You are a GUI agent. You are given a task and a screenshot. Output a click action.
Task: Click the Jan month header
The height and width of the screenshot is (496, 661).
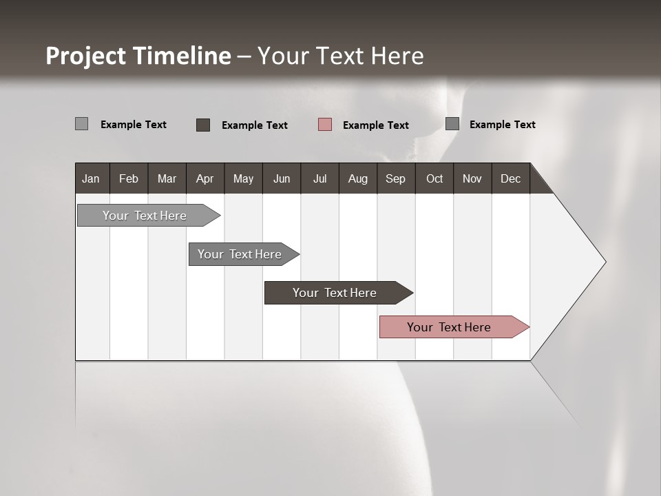91,178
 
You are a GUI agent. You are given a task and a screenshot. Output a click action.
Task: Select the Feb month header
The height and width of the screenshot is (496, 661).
129,178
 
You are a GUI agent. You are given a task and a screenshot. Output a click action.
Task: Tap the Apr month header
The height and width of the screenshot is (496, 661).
204,178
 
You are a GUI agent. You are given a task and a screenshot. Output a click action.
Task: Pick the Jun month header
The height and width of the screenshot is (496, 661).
281,178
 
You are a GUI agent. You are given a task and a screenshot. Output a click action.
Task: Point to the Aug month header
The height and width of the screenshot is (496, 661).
357,178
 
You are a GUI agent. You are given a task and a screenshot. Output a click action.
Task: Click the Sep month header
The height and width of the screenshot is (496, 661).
395,178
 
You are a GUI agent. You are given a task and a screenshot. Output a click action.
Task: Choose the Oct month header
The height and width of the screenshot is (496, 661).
434,178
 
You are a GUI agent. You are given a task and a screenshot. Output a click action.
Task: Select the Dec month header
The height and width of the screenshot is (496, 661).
510,178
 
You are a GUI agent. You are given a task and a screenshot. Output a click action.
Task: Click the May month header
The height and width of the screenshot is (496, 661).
243,178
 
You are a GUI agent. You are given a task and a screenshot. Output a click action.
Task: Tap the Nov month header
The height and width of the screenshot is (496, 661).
472,178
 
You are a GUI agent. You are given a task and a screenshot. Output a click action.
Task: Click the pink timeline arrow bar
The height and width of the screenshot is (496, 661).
451,327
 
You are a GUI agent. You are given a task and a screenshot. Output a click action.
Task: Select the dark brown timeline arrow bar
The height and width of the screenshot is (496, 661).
336,293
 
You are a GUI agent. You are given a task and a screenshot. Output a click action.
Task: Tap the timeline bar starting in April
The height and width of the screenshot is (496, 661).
241,254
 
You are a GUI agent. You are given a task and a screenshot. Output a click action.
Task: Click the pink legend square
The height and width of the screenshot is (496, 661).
325,125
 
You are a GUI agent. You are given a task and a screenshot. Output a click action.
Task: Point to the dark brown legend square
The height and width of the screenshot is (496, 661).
203,125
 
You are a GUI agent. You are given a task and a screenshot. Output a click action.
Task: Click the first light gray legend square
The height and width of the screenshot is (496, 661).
81,124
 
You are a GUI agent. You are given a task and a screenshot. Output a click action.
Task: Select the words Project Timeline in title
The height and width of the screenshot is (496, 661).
138,56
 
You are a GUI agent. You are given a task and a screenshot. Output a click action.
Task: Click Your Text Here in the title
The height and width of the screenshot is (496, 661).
340,56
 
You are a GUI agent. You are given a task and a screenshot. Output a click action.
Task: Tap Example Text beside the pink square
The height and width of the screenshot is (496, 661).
375,125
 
